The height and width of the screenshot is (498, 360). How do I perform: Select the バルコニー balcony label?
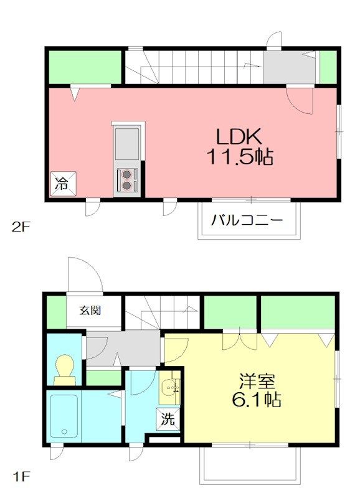(247, 220)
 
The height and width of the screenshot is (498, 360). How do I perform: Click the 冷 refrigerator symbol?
(63, 184)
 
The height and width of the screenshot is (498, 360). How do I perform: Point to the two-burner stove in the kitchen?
(128, 179)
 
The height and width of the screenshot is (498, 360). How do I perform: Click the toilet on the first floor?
(65, 370)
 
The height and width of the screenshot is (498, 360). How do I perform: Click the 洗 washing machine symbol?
(168, 420)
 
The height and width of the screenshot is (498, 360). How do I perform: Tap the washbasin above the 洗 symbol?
(168, 390)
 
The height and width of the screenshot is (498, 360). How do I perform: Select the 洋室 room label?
(258, 378)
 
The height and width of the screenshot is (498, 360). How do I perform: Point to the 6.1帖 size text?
(258, 398)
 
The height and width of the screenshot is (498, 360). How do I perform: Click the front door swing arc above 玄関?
(85, 274)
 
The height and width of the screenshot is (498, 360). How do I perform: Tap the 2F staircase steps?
(193, 67)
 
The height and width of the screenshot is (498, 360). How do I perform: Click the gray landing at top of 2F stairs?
(290, 67)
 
